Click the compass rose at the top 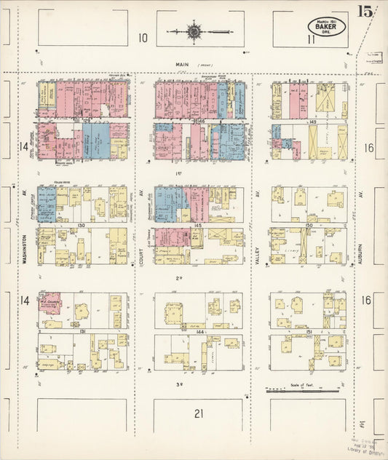point(194,31)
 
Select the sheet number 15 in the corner point(365,11)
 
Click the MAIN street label point(182,65)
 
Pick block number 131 point(82,332)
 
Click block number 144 point(198,332)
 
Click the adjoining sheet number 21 point(198,413)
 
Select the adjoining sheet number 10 point(143,38)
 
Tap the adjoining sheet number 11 point(311,38)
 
